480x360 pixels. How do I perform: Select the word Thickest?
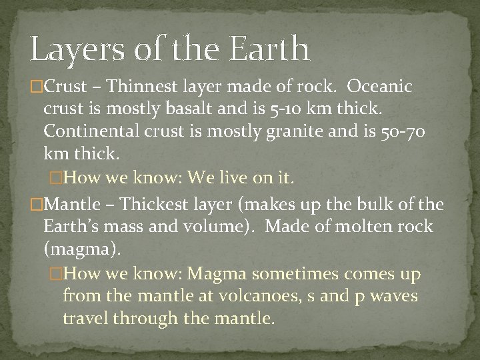coord(148,203)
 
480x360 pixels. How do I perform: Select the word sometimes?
coord(297,273)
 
